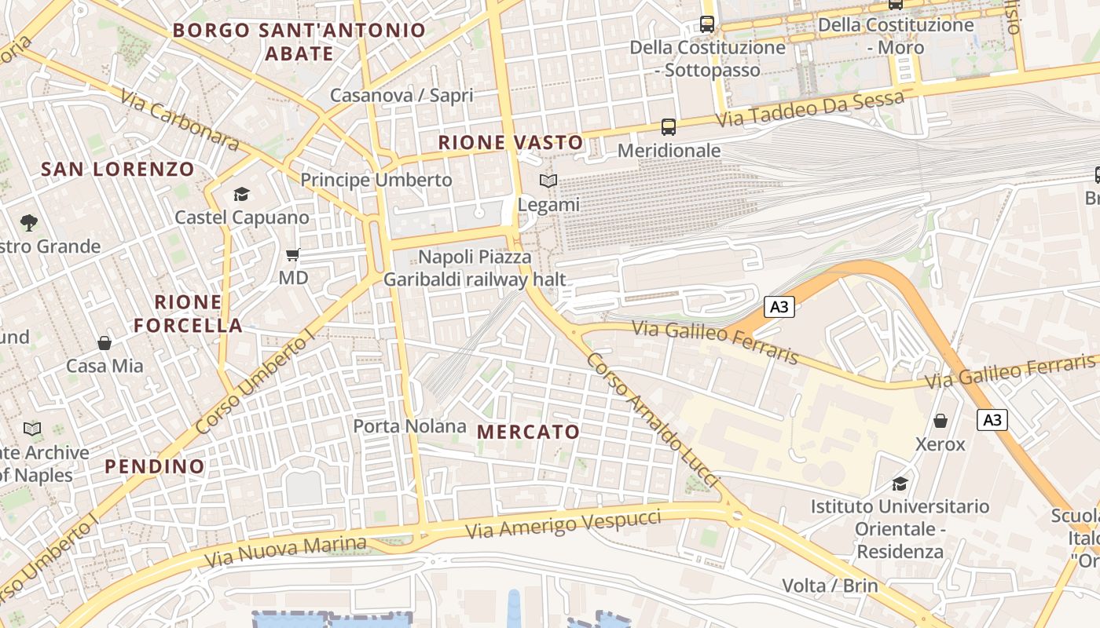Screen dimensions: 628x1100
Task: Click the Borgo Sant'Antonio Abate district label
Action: click(299, 42)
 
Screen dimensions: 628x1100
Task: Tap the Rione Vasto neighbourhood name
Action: click(511, 142)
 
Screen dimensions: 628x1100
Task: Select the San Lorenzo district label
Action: click(117, 169)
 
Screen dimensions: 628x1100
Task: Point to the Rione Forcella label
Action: click(188, 313)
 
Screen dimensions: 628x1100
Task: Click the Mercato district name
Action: click(528, 431)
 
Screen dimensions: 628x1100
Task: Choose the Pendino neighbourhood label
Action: click(155, 466)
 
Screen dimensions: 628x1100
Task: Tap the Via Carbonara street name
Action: click(179, 119)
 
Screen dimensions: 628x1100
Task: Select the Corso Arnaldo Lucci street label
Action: click(653, 418)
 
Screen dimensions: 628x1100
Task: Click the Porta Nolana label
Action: click(409, 426)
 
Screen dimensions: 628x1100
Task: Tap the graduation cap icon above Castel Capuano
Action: click(241, 194)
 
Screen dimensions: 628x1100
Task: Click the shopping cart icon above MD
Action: click(293, 254)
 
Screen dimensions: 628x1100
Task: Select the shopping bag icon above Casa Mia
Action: click(104, 343)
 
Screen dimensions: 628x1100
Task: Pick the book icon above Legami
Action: click(548, 181)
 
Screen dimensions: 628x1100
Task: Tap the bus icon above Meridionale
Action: click(669, 126)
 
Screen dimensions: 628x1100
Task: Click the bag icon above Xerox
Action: click(940, 421)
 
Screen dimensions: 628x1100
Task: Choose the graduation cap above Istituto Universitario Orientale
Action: click(900, 484)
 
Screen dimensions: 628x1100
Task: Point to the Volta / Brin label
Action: click(830, 586)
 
